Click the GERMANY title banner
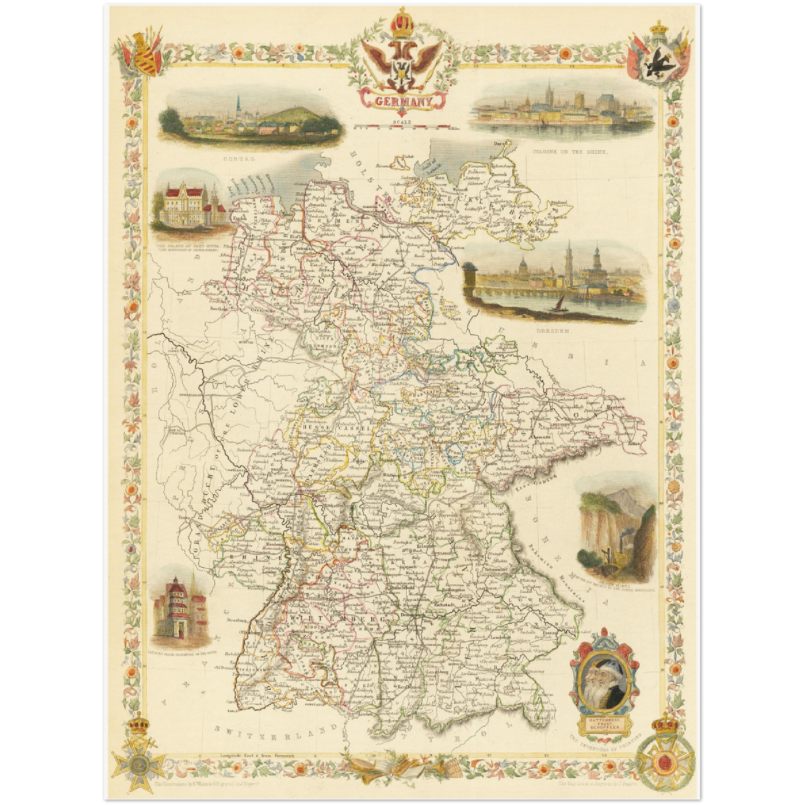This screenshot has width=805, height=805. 403,101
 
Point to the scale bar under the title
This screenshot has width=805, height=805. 402,127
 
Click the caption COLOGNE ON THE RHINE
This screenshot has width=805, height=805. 570,152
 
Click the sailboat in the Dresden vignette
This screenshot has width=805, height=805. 558,303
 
